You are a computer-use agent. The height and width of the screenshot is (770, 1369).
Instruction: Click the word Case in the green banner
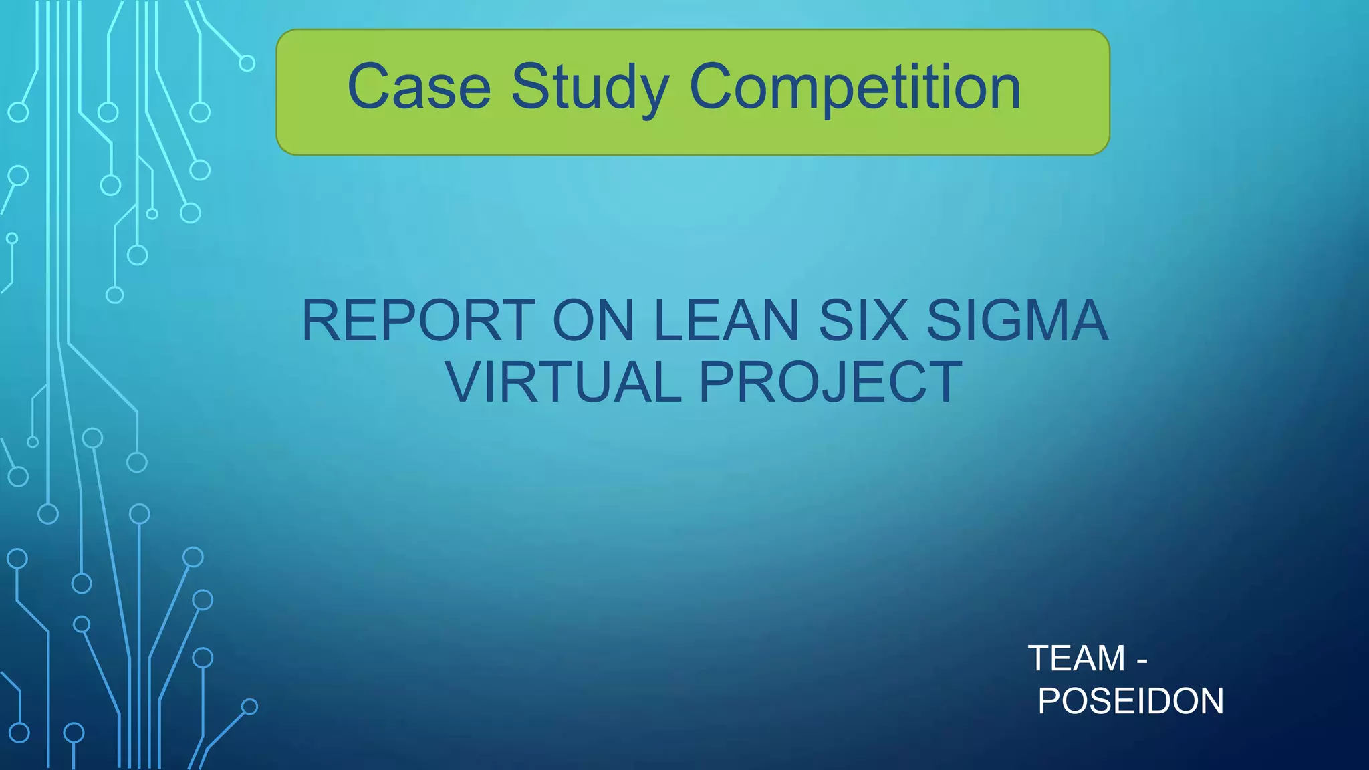click(419, 87)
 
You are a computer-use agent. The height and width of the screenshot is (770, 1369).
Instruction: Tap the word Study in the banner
click(590, 88)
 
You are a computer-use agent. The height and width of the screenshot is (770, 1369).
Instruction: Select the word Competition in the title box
click(854, 88)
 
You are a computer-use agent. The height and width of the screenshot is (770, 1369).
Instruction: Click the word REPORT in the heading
click(418, 321)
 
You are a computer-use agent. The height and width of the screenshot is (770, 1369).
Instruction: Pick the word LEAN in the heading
click(727, 321)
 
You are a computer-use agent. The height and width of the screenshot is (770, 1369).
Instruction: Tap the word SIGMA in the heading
click(1017, 321)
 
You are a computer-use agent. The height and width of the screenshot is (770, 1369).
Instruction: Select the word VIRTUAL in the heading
click(564, 382)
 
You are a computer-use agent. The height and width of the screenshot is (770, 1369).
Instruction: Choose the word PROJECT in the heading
click(831, 382)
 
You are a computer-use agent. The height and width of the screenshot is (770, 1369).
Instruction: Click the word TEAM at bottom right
click(1076, 658)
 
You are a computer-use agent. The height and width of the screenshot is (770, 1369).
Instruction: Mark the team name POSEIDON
click(1130, 701)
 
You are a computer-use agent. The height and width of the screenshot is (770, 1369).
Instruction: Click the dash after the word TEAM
click(1142, 660)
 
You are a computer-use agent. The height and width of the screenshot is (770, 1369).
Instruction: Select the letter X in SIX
click(890, 321)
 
